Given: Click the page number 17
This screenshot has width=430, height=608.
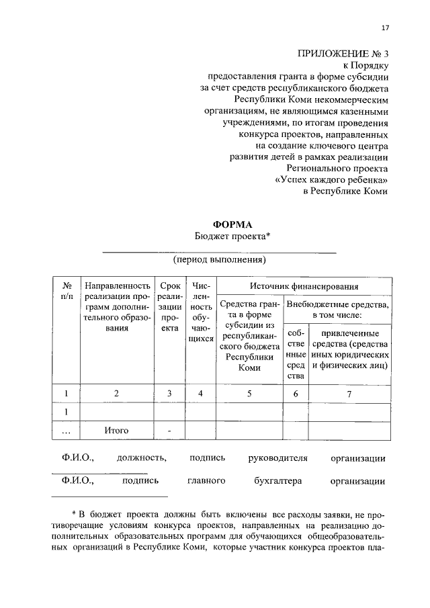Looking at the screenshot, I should pos(385,28).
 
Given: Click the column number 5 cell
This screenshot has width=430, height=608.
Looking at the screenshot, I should pos(249,394).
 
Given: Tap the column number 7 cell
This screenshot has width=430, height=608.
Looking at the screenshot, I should pos(349,394).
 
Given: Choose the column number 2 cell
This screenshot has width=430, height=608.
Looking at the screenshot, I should pos(116,394).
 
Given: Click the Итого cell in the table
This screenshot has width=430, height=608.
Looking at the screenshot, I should pos(116,430).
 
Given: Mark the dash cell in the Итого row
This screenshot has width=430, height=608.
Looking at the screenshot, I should pos(169,430).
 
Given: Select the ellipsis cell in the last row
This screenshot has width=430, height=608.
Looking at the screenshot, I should pos(67,431).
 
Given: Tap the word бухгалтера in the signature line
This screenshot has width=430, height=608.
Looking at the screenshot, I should pos(278,481).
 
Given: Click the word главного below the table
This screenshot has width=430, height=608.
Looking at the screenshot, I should pos(206,481).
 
